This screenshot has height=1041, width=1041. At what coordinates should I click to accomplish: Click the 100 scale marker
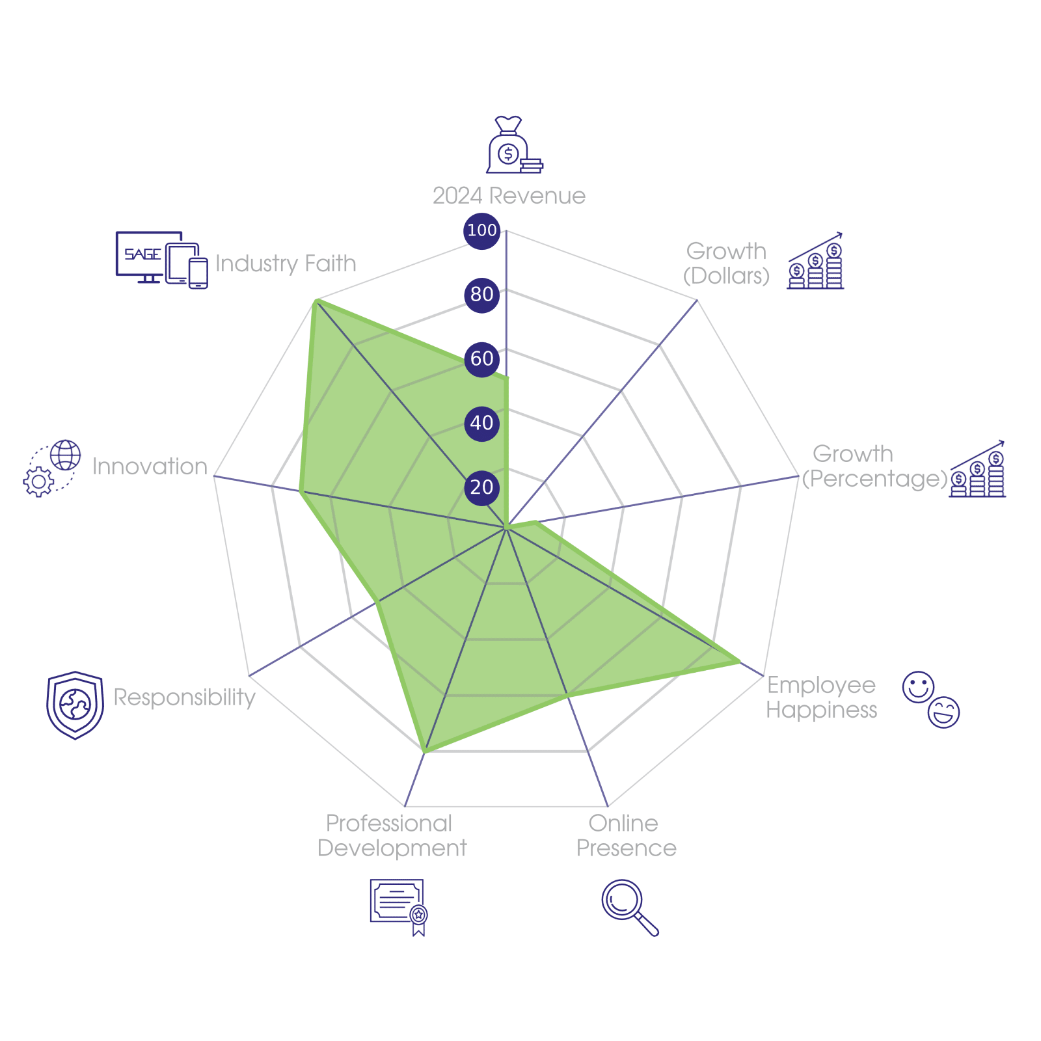click(481, 230)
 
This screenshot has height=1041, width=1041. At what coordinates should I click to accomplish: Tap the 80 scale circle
click(481, 294)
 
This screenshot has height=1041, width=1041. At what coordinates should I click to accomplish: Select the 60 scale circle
click(481, 358)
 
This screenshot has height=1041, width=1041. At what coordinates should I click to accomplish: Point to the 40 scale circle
click(481, 423)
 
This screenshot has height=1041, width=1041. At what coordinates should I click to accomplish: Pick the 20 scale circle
click(481, 487)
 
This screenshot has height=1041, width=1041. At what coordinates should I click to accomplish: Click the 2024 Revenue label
click(509, 196)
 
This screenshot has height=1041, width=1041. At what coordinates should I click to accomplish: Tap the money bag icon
click(513, 146)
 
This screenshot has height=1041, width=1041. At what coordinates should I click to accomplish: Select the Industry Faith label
click(286, 264)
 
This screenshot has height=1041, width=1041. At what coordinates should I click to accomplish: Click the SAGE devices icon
click(161, 260)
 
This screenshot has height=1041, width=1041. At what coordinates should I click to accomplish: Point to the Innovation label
click(150, 466)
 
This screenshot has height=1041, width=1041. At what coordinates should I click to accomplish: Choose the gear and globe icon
click(52, 468)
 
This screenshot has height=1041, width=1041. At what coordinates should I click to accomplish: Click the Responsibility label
click(185, 697)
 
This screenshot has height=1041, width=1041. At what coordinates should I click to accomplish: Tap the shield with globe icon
click(75, 705)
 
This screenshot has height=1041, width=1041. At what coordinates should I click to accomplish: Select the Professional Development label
click(391, 836)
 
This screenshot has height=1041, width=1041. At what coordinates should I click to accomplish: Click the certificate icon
click(398, 906)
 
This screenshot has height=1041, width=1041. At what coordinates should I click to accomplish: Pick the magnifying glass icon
click(629, 906)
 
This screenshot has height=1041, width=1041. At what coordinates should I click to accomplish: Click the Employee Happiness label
click(821, 697)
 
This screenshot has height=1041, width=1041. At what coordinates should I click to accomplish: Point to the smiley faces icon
click(930, 699)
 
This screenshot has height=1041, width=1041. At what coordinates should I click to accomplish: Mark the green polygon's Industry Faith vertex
click(315, 300)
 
